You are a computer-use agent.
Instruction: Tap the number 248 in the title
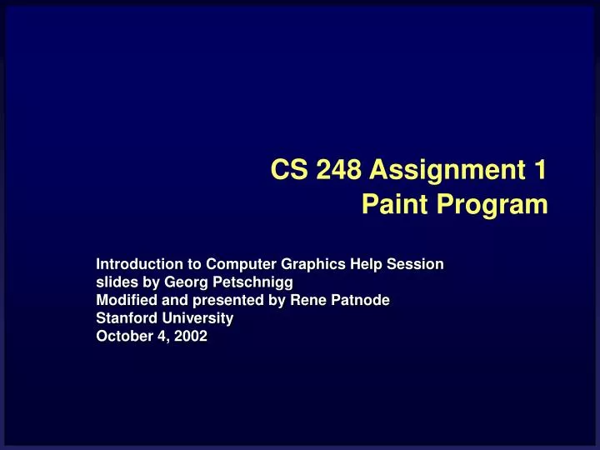click(x=338, y=170)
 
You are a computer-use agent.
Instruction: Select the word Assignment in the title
click(x=447, y=171)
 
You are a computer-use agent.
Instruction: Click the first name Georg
click(x=187, y=282)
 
